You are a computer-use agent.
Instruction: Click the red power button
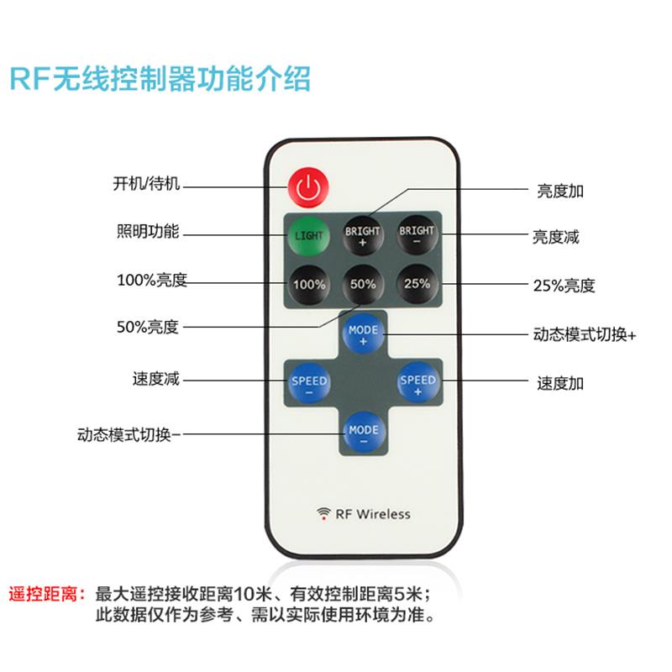click(x=308, y=187)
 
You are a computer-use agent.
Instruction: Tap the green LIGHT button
click(x=308, y=235)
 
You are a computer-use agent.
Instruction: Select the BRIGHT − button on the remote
click(x=417, y=235)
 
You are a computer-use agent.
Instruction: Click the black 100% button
click(x=308, y=284)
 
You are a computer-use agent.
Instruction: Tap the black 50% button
click(x=363, y=284)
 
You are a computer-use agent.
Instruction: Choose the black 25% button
click(x=417, y=284)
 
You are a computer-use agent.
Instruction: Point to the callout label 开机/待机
click(x=147, y=183)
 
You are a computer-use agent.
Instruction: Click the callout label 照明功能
click(x=147, y=231)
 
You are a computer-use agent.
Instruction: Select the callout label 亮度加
click(x=560, y=191)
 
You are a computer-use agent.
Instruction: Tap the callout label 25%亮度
click(x=564, y=286)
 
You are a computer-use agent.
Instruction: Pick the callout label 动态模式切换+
click(x=585, y=334)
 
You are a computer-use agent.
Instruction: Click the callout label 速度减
click(x=155, y=379)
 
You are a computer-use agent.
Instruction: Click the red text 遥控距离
click(x=46, y=593)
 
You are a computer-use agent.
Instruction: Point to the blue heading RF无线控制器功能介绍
click(x=160, y=79)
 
